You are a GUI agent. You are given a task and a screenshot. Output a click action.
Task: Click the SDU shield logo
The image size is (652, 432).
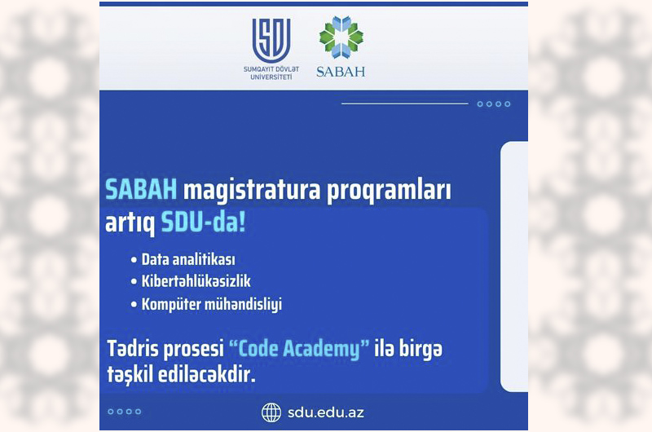point(271,40)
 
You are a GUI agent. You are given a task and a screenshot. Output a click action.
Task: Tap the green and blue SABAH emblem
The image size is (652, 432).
point(341,37)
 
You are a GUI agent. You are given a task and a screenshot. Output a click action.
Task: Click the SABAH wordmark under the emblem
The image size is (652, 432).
point(341,72)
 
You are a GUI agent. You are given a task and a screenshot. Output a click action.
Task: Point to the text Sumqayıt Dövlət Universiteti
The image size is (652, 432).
point(271,73)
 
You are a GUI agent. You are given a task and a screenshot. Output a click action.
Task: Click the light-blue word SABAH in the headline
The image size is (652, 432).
point(141,190)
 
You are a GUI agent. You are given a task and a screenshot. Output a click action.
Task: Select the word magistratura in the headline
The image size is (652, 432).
point(252,191)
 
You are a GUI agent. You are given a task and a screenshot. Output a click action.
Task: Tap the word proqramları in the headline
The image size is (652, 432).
point(389,192)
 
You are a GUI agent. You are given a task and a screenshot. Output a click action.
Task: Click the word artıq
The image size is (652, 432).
point(130,223)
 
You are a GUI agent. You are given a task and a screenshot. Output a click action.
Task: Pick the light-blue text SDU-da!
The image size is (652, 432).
point(203,223)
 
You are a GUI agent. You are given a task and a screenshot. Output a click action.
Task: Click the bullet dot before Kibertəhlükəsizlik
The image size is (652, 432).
point(134,282)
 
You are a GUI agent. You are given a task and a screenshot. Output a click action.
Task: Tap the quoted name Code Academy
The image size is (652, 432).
point(299,348)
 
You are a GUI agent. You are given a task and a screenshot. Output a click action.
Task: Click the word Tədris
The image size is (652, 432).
point(134,348)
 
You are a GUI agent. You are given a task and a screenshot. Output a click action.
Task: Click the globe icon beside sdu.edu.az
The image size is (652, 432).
point(271,412)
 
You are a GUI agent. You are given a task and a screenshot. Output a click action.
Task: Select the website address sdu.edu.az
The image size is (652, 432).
point(326,413)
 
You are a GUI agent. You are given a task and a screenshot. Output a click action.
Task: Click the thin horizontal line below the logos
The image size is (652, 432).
point(404,104)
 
